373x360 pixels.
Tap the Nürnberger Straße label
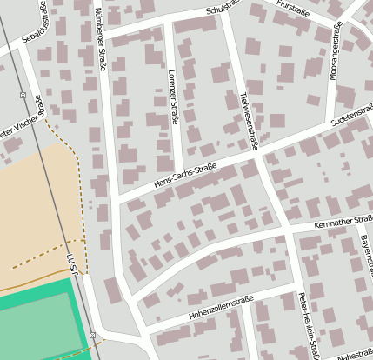[99, 39]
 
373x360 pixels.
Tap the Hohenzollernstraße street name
[220, 307]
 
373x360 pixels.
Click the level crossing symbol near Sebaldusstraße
[22, 95]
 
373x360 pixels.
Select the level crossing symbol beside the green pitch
[92, 335]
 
